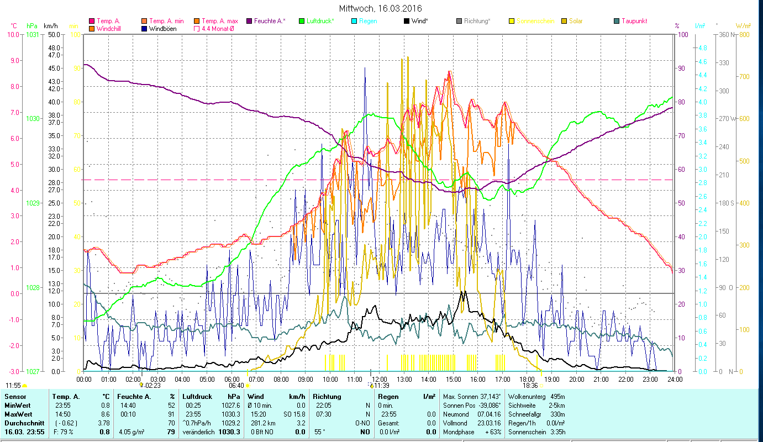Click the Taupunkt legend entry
[x=634, y=21]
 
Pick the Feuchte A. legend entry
[x=270, y=21]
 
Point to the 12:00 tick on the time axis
[x=378, y=379]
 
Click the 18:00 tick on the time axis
[x=527, y=379]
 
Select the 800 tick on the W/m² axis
[x=744, y=34]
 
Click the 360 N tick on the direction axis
[x=725, y=34]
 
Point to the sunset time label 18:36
[x=530, y=386]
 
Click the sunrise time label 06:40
[x=236, y=386]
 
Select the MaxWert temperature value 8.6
[x=104, y=414]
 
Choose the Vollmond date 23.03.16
[x=489, y=423]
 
